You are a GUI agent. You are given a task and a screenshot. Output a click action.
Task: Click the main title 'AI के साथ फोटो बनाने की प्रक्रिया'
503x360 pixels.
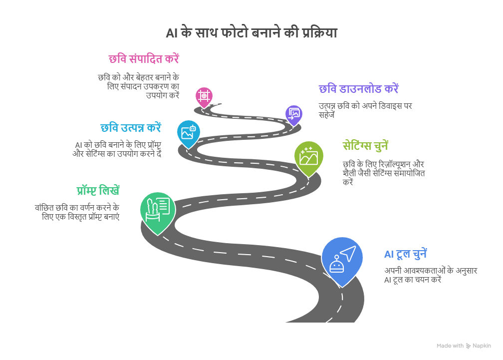251,33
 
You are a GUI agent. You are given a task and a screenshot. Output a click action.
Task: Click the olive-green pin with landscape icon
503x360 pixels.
308,156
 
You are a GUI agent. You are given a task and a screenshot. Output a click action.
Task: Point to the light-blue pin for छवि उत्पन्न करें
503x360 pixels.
188,132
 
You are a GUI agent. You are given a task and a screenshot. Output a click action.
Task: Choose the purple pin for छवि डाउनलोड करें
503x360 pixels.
294,114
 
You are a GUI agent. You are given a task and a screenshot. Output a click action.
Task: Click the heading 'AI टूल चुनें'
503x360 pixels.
405,254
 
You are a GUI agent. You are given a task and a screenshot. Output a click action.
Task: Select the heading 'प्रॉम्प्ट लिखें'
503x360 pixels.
98,191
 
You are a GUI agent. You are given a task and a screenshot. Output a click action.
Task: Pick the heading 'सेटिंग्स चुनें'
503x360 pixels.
365,146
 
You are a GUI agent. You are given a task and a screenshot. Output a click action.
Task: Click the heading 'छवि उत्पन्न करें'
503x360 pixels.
131,127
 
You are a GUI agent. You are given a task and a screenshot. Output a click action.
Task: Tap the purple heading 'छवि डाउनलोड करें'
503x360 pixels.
358,89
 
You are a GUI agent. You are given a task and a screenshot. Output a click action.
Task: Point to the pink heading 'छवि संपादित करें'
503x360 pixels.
144,59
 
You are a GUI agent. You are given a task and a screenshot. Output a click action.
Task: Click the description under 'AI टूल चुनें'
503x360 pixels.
430,275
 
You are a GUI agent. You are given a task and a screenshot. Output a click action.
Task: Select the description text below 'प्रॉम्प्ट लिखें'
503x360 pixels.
77,212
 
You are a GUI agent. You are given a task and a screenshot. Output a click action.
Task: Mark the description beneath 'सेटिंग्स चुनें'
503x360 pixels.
383,173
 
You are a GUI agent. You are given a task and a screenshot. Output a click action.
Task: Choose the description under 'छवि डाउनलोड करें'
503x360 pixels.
365,110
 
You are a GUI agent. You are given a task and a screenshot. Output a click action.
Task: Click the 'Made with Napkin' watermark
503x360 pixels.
464,346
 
